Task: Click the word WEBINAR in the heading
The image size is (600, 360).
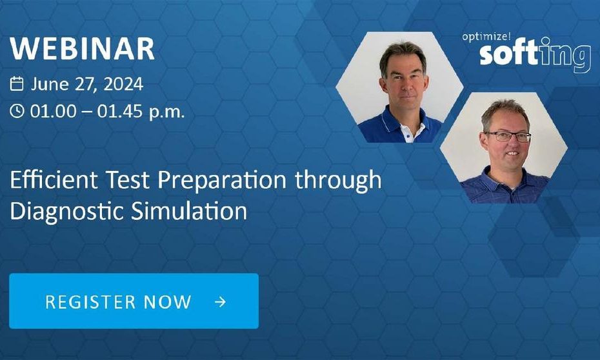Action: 82,48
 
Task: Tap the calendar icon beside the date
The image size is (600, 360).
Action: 17,84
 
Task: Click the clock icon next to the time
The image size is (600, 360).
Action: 17,112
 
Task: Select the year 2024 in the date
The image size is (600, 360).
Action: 123,84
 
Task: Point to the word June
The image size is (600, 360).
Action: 50,84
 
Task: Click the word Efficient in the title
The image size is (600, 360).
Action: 54,180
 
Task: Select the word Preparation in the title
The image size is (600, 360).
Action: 222,180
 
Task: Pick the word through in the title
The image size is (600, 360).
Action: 338,180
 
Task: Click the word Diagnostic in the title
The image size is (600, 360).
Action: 66,212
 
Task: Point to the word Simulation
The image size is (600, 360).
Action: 189,211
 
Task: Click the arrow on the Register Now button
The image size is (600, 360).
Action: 221,302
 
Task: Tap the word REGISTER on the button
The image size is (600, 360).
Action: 90,302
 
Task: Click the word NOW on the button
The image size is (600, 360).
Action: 167,302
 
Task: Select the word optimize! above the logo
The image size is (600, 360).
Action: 486,37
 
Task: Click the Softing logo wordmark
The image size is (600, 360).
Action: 535,55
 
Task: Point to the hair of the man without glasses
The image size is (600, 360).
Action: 403,54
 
